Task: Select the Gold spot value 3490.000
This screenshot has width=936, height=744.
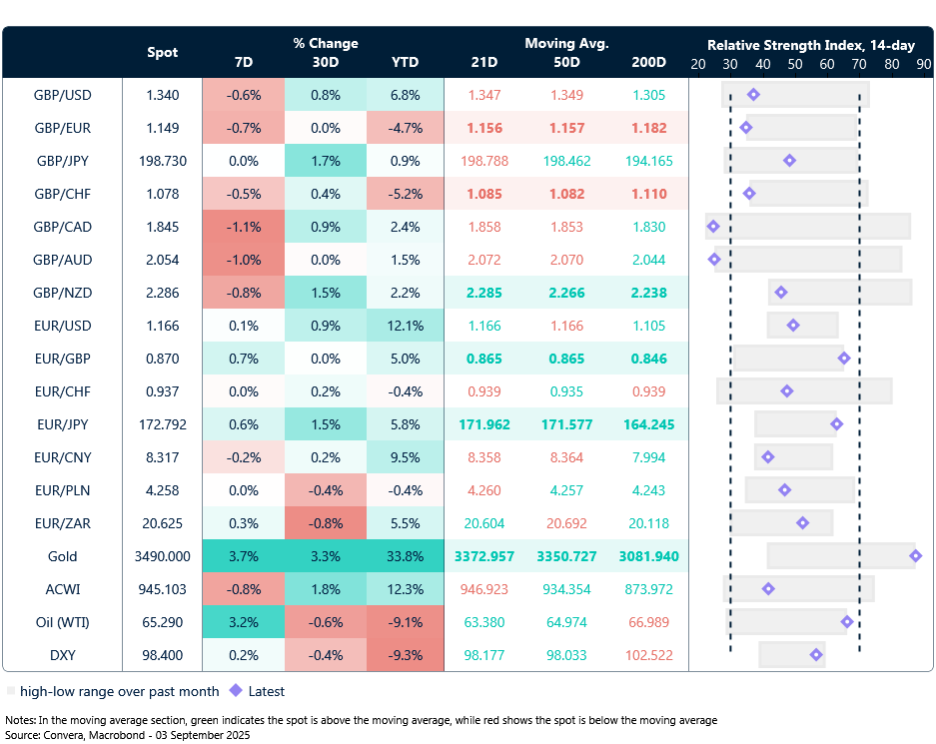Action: [163, 556]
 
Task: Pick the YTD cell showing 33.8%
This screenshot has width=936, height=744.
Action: [405, 556]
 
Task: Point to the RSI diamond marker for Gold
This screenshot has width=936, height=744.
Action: [915, 556]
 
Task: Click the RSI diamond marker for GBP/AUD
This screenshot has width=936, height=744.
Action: [714, 260]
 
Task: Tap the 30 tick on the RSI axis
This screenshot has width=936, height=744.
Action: [730, 64]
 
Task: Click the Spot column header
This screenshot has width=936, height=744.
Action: [163, 53]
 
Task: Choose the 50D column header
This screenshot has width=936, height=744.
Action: [566, 62]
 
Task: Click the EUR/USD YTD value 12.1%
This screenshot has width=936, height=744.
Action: [405, 326]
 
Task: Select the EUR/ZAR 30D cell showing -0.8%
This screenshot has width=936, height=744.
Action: [325, 523]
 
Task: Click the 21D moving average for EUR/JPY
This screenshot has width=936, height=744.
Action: [484, 424]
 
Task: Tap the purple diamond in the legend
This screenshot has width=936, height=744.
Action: [236, 690]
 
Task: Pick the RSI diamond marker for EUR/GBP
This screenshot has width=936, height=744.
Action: [844, 359]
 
